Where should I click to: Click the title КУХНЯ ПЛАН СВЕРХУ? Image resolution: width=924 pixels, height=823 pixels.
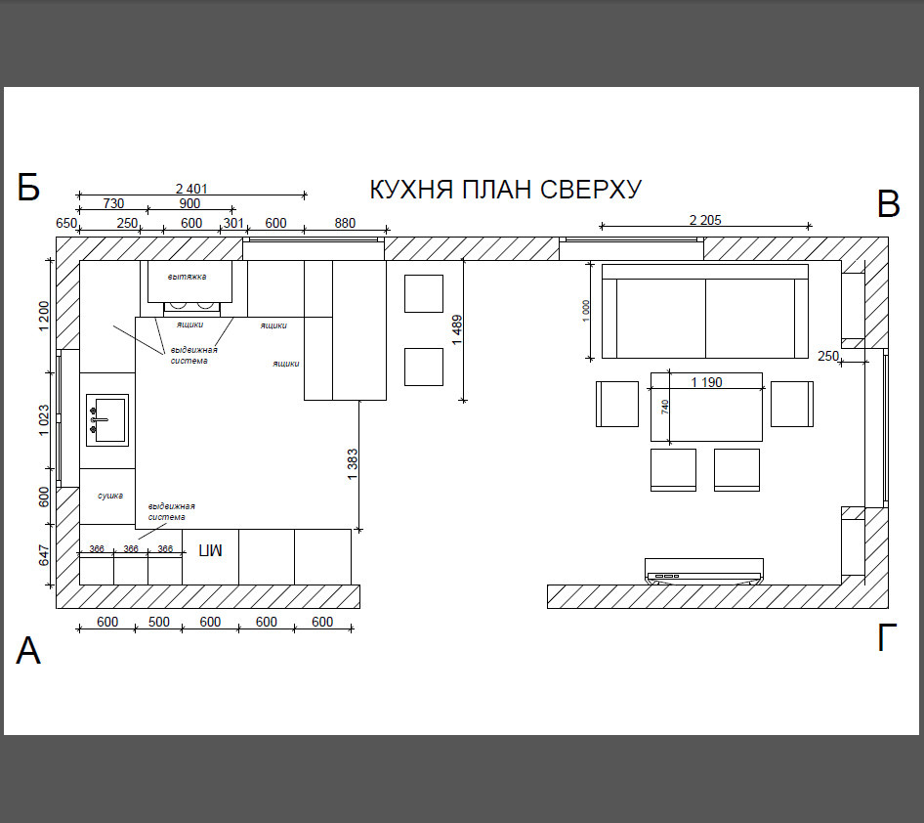[x=506, y=190]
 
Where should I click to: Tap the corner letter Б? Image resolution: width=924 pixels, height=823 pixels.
[x=28, y=188]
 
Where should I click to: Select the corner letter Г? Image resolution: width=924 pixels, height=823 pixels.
[x=887, y=637]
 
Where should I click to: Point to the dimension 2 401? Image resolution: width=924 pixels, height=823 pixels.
[x=191, y=189]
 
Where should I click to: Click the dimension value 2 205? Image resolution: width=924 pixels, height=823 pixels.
[x=705, y=220]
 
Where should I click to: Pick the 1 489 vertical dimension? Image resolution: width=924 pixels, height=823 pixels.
[x=457, y=330]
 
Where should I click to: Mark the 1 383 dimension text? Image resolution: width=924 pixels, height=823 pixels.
[x=353, y=464]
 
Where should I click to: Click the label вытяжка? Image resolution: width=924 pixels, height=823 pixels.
[x=187, y=277]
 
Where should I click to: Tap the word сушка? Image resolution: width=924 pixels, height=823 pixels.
[x=110, y=496]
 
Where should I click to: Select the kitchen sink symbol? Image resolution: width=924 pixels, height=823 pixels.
[x=107, y=419]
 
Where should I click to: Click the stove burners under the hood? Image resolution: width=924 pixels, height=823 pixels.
[x=191, y=305]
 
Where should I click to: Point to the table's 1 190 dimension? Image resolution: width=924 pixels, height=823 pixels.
[x=706, y=382]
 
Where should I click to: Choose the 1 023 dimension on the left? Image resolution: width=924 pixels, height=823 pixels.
[x=44, y=420]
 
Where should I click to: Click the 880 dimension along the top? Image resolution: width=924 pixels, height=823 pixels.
[x=345, y=223]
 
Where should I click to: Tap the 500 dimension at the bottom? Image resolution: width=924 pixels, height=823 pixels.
[x=158, y=622]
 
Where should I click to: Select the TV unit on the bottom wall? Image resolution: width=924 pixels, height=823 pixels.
[x=704, y=571]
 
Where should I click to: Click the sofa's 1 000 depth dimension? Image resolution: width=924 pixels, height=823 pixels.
[x=586, y=311]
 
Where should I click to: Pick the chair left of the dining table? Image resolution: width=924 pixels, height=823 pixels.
[x=617, y=404]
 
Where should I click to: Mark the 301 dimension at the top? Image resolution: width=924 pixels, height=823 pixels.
[x=233, y=223]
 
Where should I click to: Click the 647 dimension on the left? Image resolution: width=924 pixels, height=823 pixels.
[x=44, y=555]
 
